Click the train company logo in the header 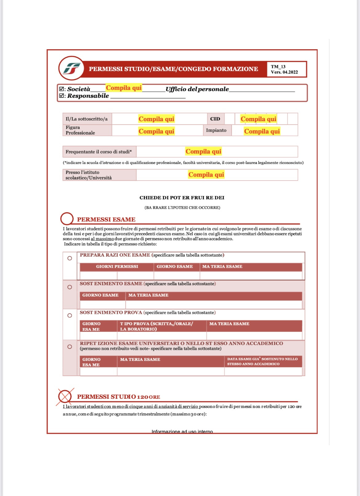click(x=72, y=68)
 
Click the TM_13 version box click(x=286, y=69)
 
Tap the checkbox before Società click(x=62, y=89)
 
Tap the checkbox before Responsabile click(x=62, y=96)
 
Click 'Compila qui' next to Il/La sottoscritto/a click(x=156, y=119)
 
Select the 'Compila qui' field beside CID click(x=258, y=119)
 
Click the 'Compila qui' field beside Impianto click(x=262, y=131)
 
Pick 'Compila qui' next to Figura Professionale click(x=156, y=131)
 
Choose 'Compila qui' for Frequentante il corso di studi click(x=203, y=151)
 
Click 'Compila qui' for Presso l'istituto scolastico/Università click(x=206, y=175)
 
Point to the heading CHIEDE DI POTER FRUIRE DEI click(x=182, y=198)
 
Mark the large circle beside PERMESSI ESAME click(x=67, y=219)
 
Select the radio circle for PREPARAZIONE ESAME click(x=70, y=258)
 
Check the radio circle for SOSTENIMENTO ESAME click(x=70, y=287)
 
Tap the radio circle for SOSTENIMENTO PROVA click(x=70, y=315)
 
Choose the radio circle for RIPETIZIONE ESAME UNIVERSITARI click(x=70, y=347)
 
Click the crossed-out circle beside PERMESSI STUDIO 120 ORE click(x=65, y=396)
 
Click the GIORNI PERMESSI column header click(x=117, y=266)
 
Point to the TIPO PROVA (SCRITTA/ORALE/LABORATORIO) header click(x=157, y=326)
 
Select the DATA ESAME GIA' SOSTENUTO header click(x=262, y=361)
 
